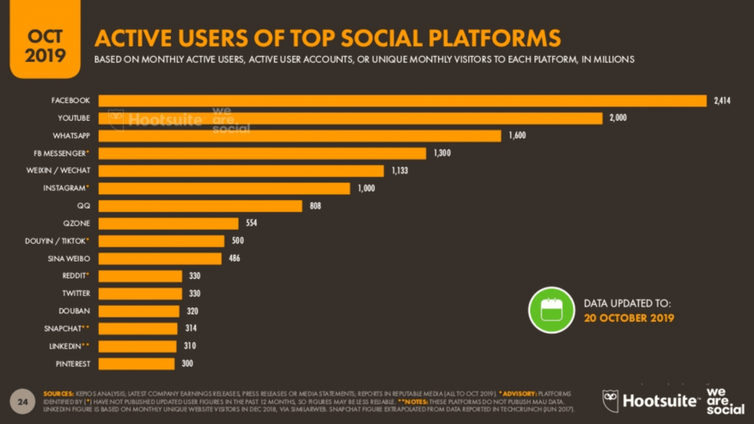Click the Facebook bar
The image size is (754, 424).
click(x=402, y=101)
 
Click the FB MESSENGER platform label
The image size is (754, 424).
click(x=69, y=153)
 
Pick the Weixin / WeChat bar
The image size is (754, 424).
click(x=240, y=171)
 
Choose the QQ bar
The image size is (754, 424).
click(x=199, y=206)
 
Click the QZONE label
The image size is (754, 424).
click(x=76, y=224)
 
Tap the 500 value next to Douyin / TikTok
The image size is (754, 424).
click(x=238, y=241)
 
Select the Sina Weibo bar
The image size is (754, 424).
click(x=159, y=258)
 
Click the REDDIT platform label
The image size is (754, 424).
click(x=75, y=276)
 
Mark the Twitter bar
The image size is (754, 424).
click(x=140, y=293)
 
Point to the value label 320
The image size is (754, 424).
click(x=191, y=311)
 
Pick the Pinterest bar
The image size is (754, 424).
click(x=137, y=364)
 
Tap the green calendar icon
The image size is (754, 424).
click(x=550, y=309)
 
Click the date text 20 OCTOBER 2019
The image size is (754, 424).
click(x=628, y=318)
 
